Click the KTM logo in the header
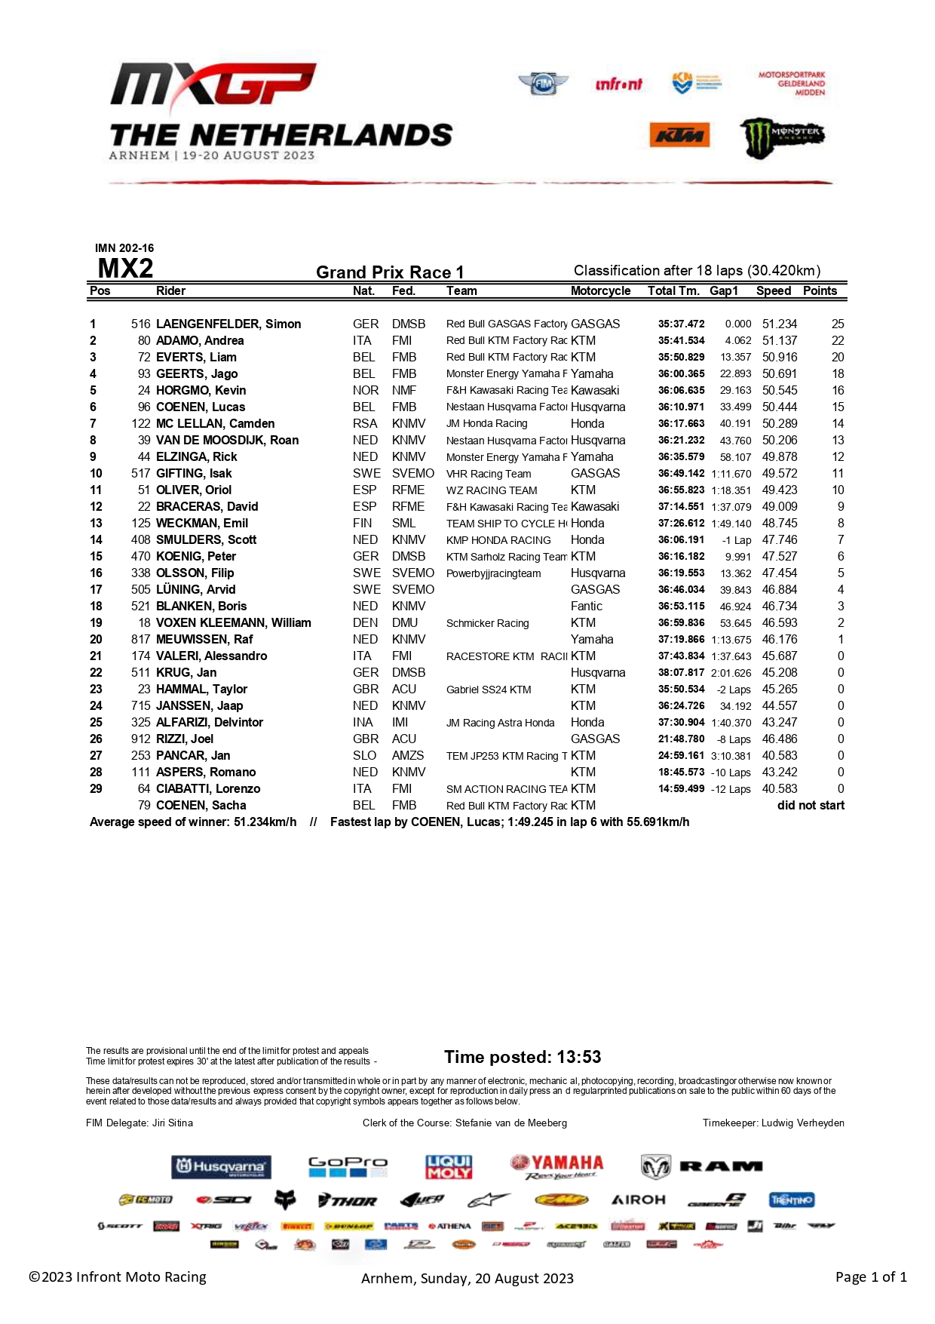click(x=679, y=135)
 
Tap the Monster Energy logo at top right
click(x=781, y=137)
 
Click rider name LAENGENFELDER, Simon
click(x=228, y=324)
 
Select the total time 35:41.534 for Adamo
click(x=681, y=340)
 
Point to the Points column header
click(x=820, y=290)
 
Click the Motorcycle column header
click(x=600, y=290)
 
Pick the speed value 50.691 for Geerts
click(x=779, y=373)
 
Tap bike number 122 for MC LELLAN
click(x=141, y=423)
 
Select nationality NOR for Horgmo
click(x=366, y=390)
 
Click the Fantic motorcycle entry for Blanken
click(x=587, y=606)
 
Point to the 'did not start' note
click(x=811, y=805)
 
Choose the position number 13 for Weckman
click(x=96, y=523)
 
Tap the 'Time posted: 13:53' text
click(x=523, y=1057)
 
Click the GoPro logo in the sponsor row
click(x=348, y=1167)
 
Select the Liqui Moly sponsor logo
click(x=449, y=1167)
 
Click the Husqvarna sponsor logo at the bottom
click(x=221, y=1167)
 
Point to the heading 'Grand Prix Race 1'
click(x=390, y=272)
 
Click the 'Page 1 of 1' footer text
click(x=871, y=1276)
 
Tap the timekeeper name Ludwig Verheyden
click(x=802, y=1123)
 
